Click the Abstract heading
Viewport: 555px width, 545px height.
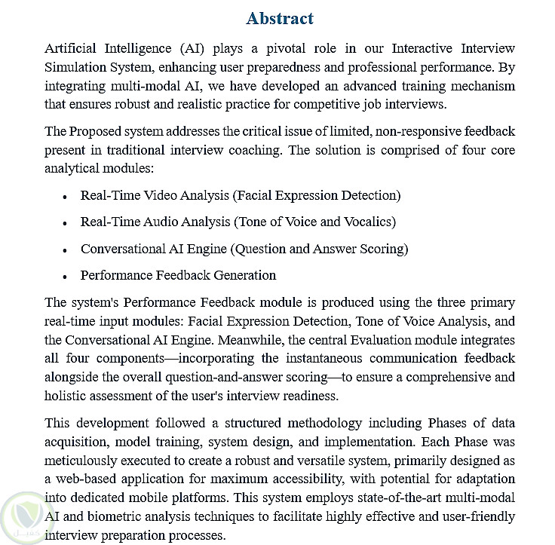tap(280, 18)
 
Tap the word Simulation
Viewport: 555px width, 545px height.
tap(78, 66)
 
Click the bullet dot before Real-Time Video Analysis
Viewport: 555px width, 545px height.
tap(66, 197)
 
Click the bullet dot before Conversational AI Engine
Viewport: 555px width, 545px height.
tap(66, 250)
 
